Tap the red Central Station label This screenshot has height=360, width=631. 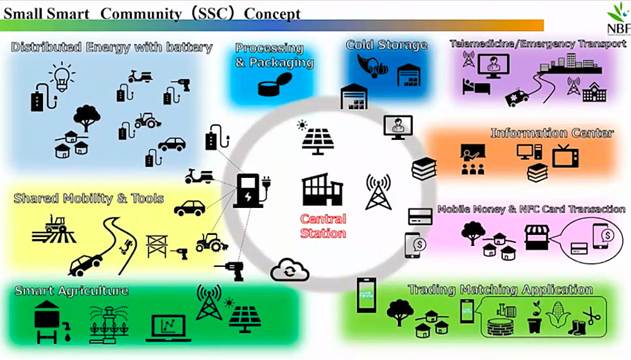(x=323, y=226)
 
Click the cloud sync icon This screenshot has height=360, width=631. (x=289, y=270)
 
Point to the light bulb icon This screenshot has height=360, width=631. (x=61, y=77)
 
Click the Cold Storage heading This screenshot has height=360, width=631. (x=386, y=45)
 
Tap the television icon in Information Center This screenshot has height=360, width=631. (x=565, y=156)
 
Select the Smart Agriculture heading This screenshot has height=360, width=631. (x=72, y=291)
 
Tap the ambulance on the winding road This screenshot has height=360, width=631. (x=517, y=98)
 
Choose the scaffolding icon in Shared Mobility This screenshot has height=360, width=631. (x=157, y=246)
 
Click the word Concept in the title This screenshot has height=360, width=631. (x=272, y=14)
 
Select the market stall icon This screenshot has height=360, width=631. (x=537, y=238)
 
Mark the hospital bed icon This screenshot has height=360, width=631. (x=476, y=86)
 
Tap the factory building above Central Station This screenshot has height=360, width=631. (x=323, y=190)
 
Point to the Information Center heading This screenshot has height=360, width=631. (x=552, y=133)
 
